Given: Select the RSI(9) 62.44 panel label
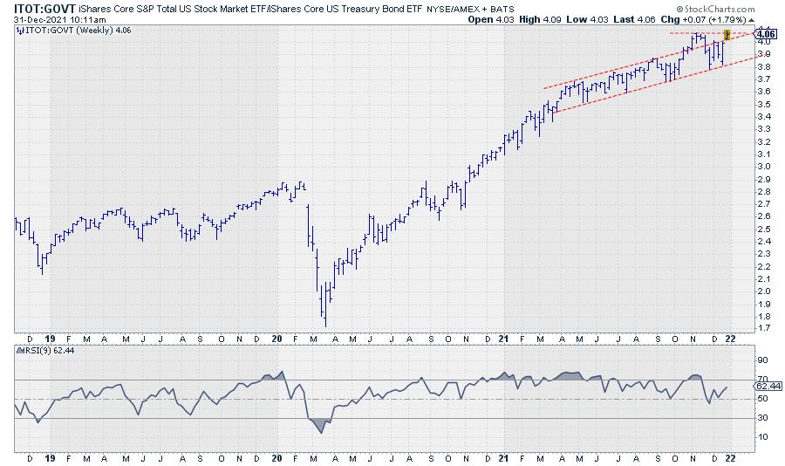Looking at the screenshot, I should (49, 350).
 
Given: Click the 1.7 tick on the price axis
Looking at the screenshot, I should (761, 328).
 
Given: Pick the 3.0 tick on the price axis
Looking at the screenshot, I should (761, 166).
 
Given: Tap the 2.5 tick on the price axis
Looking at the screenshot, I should (761, 229).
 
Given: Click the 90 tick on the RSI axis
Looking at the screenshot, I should (761, 360).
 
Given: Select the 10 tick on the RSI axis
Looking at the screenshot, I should (761, 437).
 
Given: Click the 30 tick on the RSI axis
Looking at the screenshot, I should (761, 418).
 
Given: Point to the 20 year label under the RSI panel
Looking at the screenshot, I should (277, 457).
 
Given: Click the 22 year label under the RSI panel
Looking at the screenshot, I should (734, 457).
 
